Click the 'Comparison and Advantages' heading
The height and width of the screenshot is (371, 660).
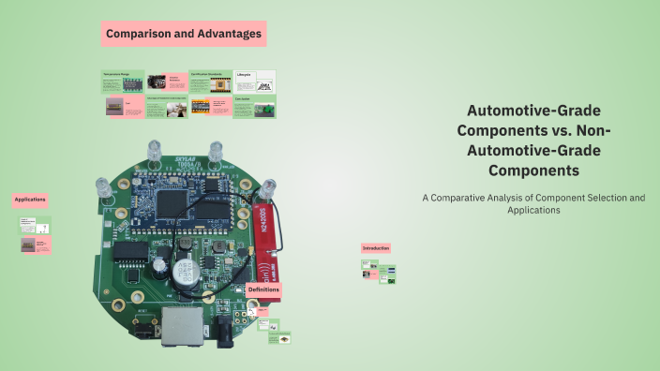click(184, 34)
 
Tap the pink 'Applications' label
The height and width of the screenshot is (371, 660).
click(30, 200)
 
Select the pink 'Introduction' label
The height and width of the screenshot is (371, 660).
click(376, 248)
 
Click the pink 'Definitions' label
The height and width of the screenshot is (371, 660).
click(263, 290)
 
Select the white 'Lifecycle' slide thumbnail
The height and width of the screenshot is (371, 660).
click(254, 82)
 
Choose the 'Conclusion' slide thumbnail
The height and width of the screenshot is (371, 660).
click(254, 107)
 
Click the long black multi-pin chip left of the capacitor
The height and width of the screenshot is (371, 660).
click(132, 251)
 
